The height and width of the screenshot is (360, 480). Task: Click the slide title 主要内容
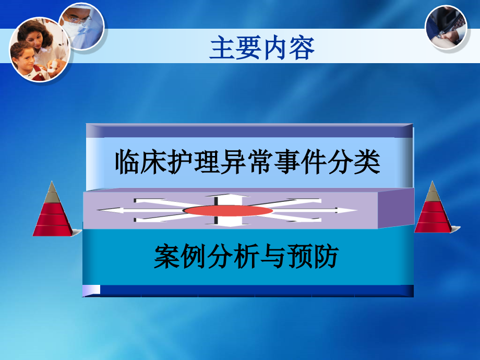click(262, 49)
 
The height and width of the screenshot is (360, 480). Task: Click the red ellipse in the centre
click(228, 211)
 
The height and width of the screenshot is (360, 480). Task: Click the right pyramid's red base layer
click(433, 226)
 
